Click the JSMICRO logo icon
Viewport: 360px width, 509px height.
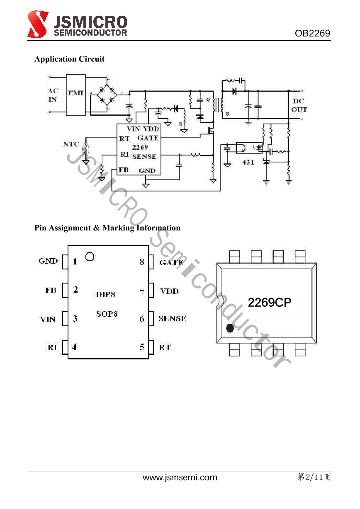pos(38,24)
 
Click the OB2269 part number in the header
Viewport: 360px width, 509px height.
pos(312,34)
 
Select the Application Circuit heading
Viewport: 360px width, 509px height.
pos(69,59)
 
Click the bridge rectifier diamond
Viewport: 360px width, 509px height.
pos(107,95)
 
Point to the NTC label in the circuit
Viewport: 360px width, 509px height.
pos(71,144)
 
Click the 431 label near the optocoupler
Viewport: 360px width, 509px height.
pos(248,162)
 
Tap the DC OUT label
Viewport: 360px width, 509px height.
pos(299,105)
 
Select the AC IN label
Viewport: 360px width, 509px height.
pos(53,95)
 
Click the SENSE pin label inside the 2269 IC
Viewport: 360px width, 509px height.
pos(144,157)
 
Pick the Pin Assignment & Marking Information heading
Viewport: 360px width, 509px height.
pos(107,228)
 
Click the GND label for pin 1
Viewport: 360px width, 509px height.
pos(48,261)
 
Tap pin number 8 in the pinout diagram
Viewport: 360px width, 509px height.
pos(142,262)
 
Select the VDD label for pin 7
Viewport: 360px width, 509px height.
pos(169,291)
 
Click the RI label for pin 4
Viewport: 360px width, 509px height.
pos(52,348)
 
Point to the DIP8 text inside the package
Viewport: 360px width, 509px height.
pos(105,294)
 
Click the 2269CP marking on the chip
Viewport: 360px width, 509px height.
pos(269,303)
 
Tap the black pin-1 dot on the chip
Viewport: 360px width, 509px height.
pos(230,329)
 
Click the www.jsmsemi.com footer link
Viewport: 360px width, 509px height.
pos(180,477)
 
